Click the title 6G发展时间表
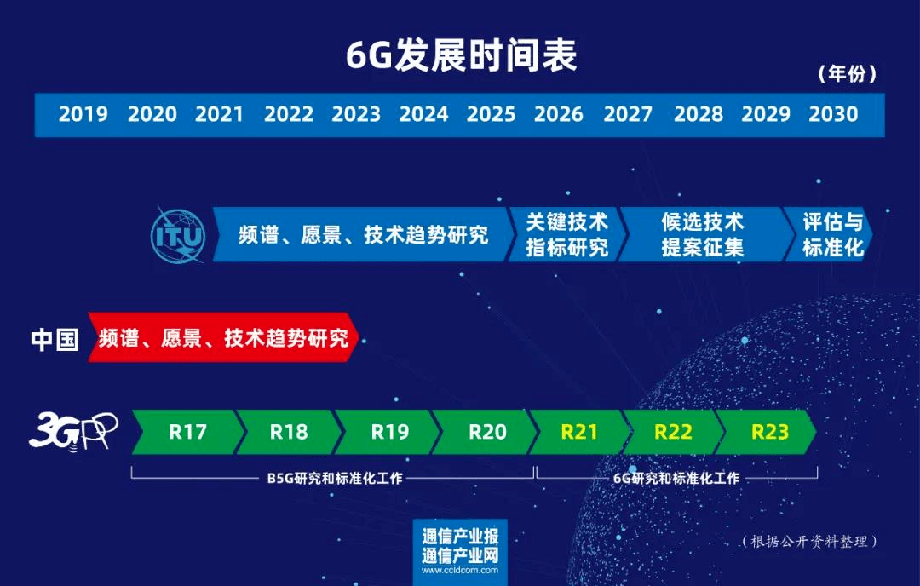tap(461, 56)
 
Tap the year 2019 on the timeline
tap(83, 114)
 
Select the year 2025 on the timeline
tap(492, 114)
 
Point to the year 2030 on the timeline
tap(833, 114)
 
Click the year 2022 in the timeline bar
tap(289, 114)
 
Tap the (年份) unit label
tap(847, 74)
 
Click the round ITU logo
tap(178, 234)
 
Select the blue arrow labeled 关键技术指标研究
tap(566, 234)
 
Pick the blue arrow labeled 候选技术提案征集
tap(703, 234)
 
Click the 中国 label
tap(55, 339)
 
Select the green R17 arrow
tap(187, 432)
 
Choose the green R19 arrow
tap(390, 432)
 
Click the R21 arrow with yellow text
tap(579, 432)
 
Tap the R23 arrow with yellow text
tap(769, 432)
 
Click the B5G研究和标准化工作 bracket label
tap(335, 479)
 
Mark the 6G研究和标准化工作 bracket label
tap(676, 479)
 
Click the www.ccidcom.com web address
tap(459, 571)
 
